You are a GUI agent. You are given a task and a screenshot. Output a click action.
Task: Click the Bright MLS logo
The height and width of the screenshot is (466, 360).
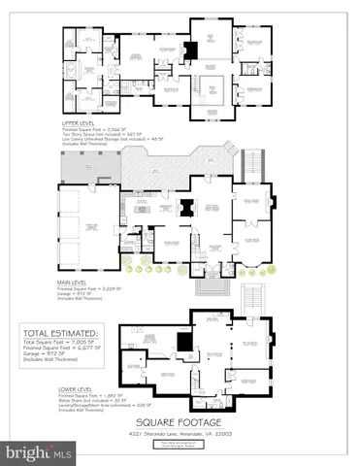click(39, 453)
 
